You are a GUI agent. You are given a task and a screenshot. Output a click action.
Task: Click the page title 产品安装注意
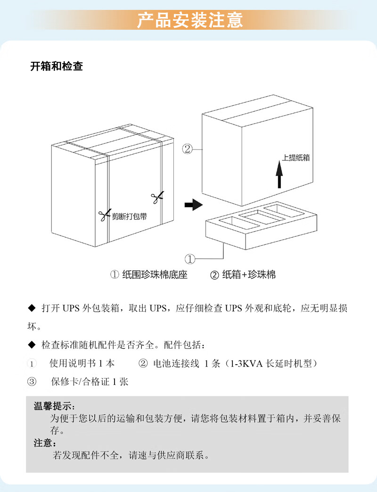click(190, 20)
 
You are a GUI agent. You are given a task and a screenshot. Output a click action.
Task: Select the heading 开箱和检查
click(57, 67)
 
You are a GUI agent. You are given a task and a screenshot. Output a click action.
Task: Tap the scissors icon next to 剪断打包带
click(104, 216)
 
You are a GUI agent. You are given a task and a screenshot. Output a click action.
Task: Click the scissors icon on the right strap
click(157, 196)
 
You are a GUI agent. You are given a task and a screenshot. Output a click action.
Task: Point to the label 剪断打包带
click(129, 217)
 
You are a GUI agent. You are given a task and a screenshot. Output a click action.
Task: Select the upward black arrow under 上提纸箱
click(279, 175)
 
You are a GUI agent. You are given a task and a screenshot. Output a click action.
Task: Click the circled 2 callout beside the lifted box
click(187, 150)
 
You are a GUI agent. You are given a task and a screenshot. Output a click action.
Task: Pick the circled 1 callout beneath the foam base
click(190, 259)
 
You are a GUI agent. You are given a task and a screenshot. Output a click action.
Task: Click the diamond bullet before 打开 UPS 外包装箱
click(32, 309)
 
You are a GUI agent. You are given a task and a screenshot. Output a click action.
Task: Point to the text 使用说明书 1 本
click(82, 363)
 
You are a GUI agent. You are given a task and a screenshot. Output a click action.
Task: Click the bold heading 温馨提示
click(54, 406)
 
